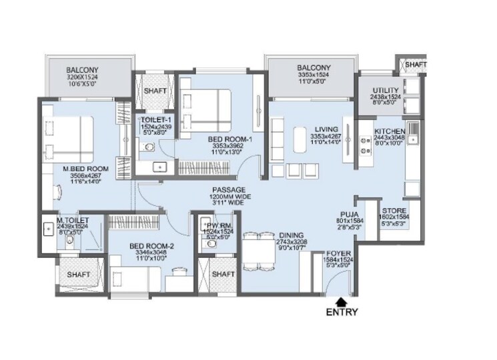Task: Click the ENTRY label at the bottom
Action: [342, 311]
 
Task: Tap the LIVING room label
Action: [326, 129]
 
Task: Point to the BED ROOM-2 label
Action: [153, 247]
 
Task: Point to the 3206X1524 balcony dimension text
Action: [83, 77]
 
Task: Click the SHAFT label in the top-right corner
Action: [416, 64]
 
